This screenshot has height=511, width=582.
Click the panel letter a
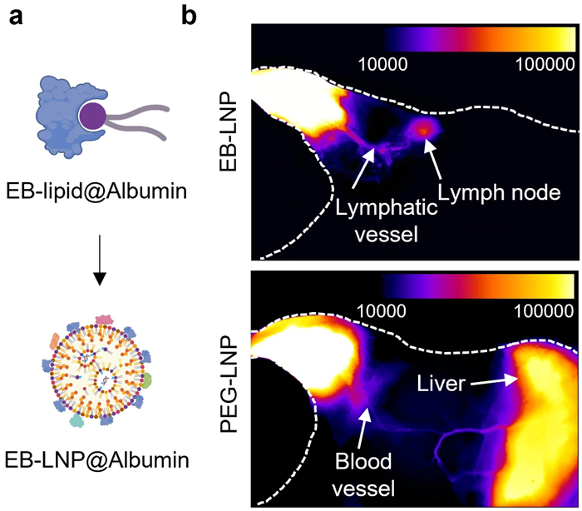pos(15,16)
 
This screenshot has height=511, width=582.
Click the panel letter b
pos(190,16)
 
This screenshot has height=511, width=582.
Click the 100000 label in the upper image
pos(540,63)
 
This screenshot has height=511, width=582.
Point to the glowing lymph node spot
pos(425,127)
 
